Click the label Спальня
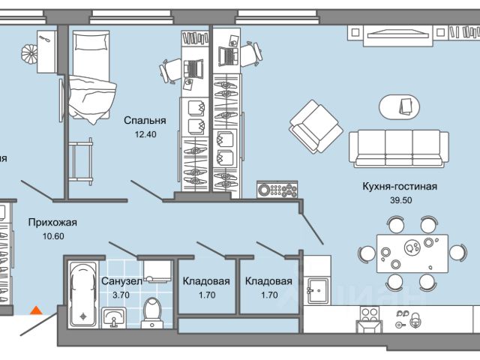(x=145, y=119)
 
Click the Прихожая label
(x=52, y=223)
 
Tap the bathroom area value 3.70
(x=121, y=295)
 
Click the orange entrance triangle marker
(x=34, y=308)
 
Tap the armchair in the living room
(x=316, y=124)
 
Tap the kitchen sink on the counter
(x=316, y=286)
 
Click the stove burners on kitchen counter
(x=369, y=319)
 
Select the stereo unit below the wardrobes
(x=277, y=190)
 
